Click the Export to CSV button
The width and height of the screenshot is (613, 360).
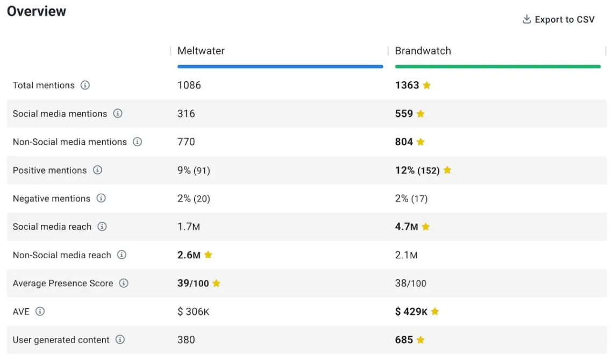[x=559, y=20]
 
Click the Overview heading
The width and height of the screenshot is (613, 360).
[x=37, y=11]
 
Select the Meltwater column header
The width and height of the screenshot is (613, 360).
[x=201, y=51]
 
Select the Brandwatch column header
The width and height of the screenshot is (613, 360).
[x=423, y=51]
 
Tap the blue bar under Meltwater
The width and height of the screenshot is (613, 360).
[x=280, y=67]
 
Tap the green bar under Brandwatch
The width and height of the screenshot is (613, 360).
[x=497, y=67]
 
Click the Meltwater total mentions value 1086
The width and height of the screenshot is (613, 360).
[x=189, y=86]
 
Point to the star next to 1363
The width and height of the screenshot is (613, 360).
[x=427, y=86]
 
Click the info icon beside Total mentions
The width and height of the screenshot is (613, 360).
[x=85, y=86]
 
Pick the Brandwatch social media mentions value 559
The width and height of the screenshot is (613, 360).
[x=404, y=114]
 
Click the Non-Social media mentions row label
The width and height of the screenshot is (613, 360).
[x=70, y=142]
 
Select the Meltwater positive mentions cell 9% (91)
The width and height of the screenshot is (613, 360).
[x=194, y=171]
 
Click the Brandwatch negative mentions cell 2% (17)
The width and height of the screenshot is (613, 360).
[x=411, y=199]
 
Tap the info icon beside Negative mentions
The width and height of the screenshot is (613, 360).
[x=101, y=199]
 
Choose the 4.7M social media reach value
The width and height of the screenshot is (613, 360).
[x=407, y=227]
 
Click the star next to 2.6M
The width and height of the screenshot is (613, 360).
[x=208, y=255]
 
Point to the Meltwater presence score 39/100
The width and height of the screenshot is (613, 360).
[x=193, y=284]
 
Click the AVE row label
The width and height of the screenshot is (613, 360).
[x=21, y=312]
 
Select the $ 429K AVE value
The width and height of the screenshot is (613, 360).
[x=411, y=312]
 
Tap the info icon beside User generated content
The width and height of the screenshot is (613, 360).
[x=120, y=340]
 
